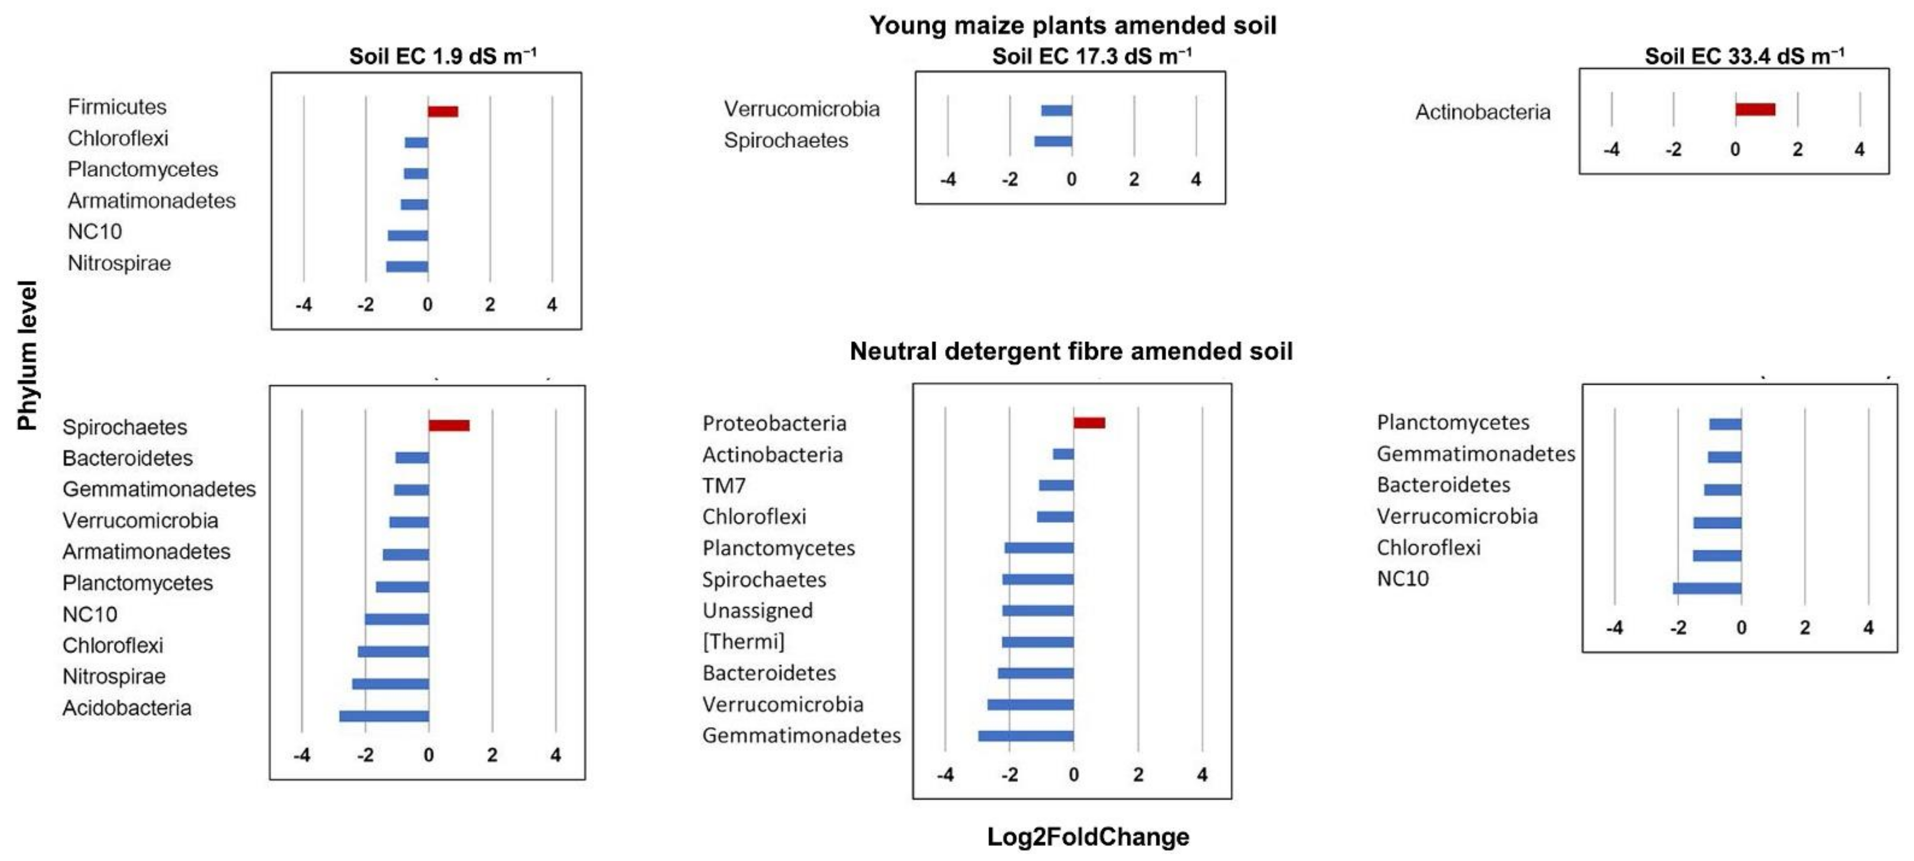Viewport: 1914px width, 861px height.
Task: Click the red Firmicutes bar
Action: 443,111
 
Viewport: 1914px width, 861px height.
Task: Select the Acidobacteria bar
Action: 384,716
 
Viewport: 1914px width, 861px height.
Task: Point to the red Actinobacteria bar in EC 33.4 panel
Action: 1755,109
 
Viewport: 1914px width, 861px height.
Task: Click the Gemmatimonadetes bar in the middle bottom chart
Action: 1025,736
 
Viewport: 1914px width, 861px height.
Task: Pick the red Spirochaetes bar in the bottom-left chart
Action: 449,425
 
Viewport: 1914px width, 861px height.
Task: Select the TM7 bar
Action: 1056,485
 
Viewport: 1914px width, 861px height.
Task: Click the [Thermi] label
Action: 743,641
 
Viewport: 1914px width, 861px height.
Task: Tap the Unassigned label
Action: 757,610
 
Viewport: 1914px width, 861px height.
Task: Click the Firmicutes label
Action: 117,107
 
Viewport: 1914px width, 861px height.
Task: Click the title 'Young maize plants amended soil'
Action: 1072,25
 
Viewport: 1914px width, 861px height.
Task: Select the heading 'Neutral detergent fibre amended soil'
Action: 1071,351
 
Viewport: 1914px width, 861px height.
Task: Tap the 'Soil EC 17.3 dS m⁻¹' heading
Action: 1091,56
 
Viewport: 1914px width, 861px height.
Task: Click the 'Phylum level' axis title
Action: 27,355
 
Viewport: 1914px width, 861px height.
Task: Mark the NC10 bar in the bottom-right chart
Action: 1707,588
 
